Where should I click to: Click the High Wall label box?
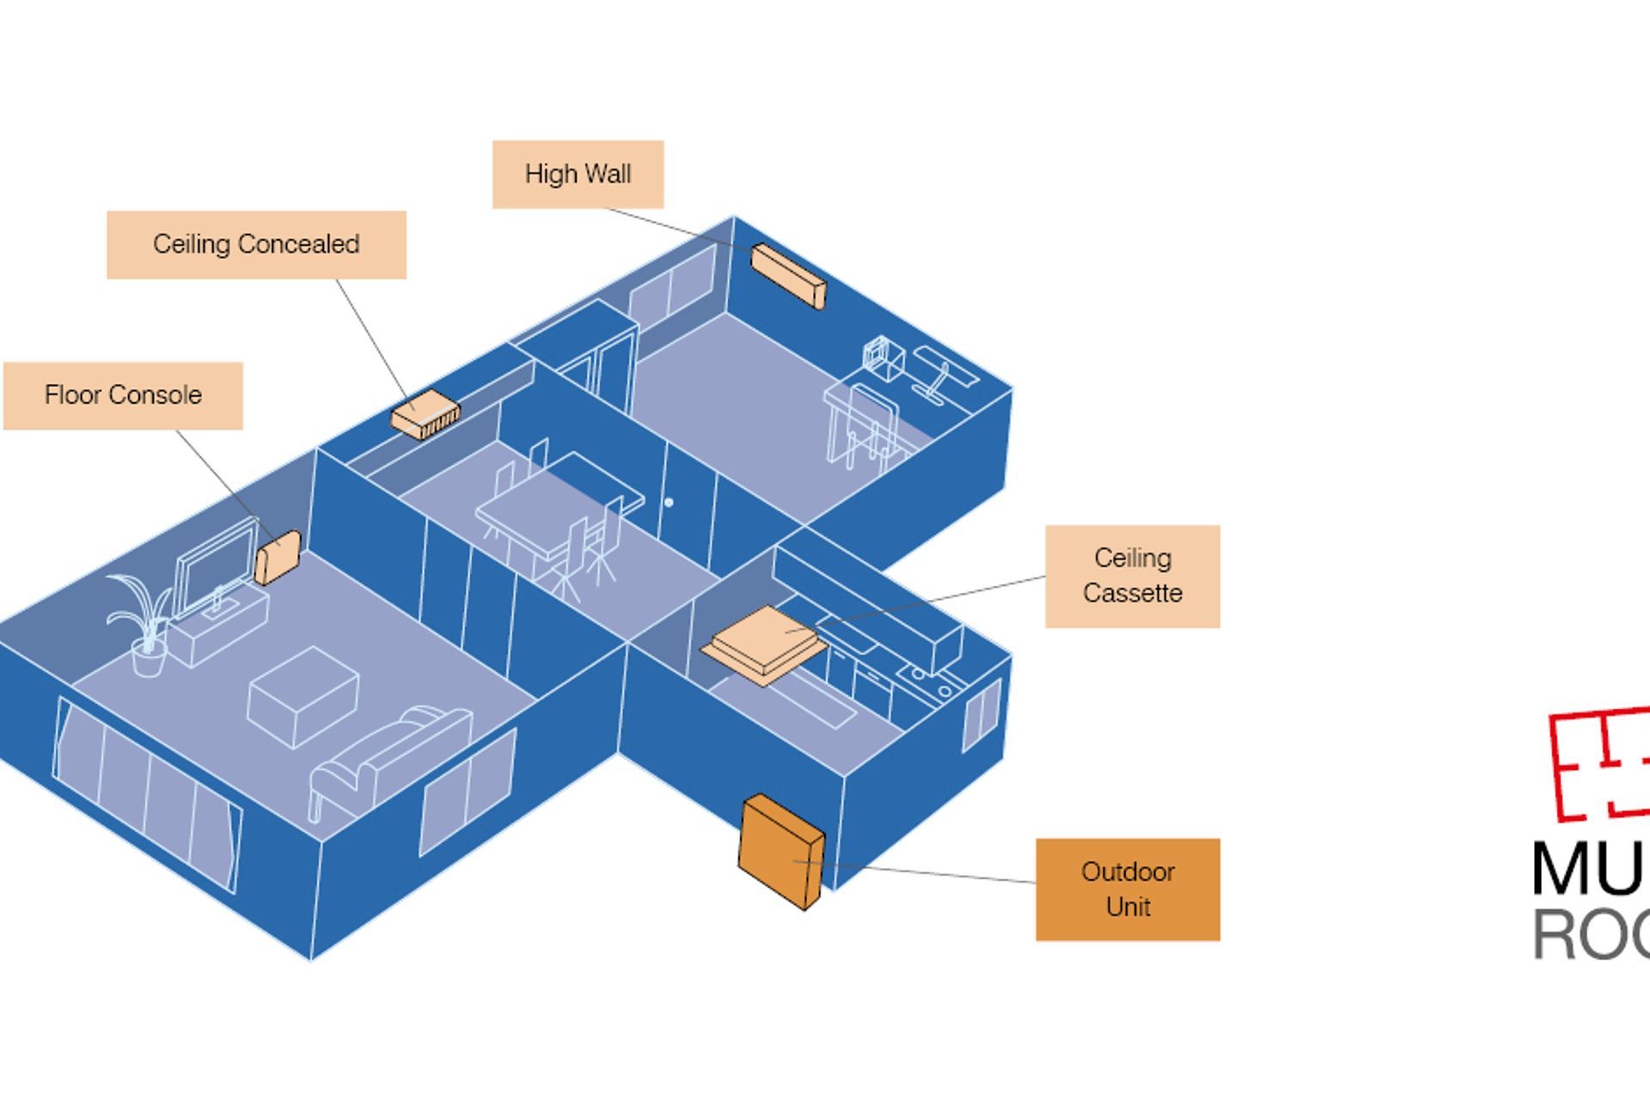[577, 174]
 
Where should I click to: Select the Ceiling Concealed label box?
[256, 245]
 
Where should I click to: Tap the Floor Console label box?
[123, 395]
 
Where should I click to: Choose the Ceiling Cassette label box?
[1132, 576]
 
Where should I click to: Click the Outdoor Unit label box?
[1127, 889]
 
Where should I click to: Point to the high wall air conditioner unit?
[788, 275]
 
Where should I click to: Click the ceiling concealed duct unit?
[425, 414]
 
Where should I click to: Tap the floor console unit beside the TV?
[278, 558]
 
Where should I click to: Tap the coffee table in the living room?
[302, 696]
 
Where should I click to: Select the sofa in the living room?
[391, 756]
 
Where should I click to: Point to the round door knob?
[669, 502]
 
